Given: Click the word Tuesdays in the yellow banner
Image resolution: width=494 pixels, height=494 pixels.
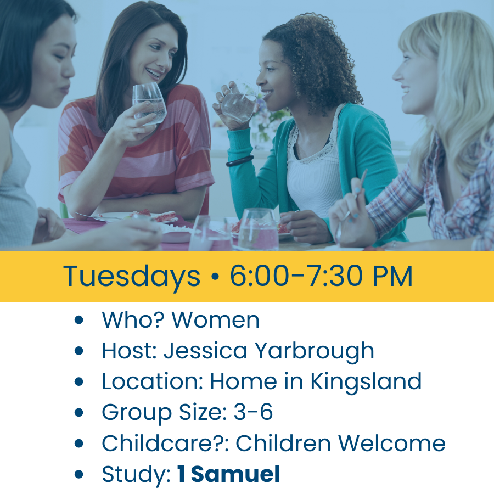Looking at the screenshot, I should pos(132,277).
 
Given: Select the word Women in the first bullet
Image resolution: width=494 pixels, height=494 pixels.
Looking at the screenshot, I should pos(216,320).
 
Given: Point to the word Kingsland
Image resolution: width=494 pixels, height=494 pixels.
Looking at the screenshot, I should pos(366,381).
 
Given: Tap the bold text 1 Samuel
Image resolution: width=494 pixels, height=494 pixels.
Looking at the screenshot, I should pos(228,474).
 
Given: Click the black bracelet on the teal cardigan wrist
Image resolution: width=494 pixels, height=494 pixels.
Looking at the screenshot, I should pos(240,161).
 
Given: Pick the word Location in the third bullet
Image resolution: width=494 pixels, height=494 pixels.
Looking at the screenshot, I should pos(152,381).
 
